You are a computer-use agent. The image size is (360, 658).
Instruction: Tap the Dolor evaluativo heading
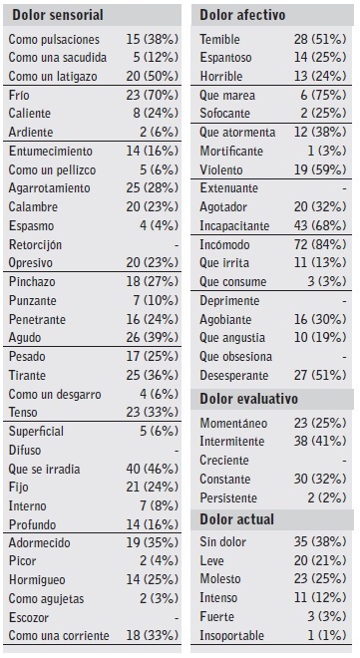click(x=249, y=399)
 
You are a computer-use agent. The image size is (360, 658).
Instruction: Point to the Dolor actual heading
click(x=236, y=519)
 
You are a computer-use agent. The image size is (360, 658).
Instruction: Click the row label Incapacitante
click(x=235, y=225)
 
